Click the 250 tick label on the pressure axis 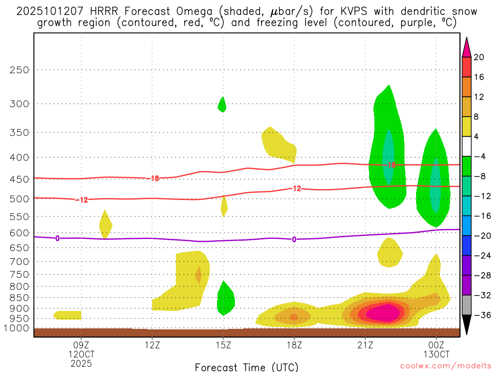pos(19,70)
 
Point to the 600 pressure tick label pos(19,232)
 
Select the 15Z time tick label pos(223,346)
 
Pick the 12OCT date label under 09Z pos(81,355)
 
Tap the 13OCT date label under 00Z pos(436,355)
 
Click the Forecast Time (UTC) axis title pos(247,367)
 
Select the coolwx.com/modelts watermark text pos(445,366)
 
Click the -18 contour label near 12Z pos(153,179)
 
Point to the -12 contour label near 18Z pos(294,188)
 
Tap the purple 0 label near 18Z pos(294,239)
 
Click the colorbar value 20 pos(479,57)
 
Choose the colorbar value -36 pos(479,315)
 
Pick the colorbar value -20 pos(479,236)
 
